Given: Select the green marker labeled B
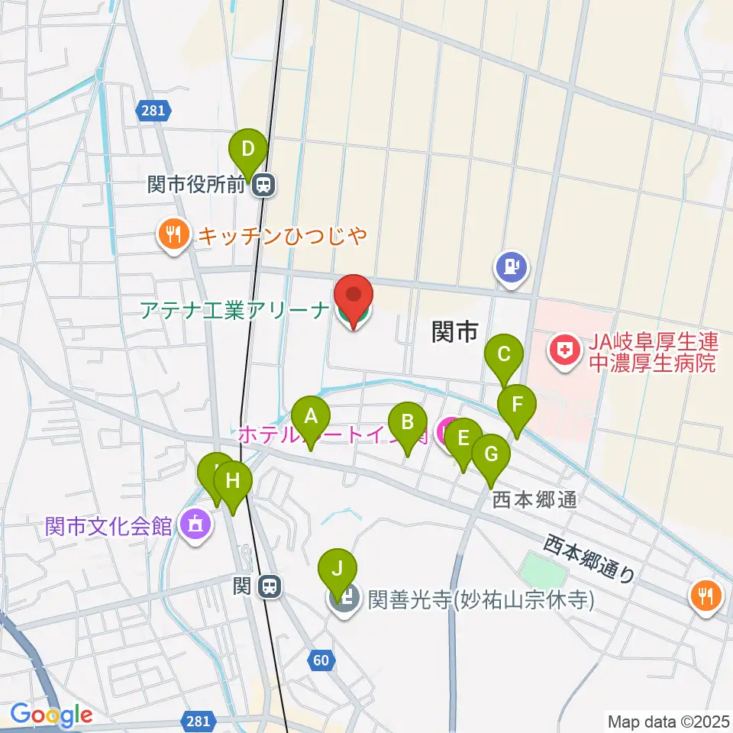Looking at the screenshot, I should click(x=407, y=421).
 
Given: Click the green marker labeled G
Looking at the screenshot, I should click(x=490, y=454).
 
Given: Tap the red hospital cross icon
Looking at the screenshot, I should click(x=565, y=352).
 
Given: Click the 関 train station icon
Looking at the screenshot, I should click(x=268, y=586).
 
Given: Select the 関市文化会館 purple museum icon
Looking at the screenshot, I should click(x=196, y=525).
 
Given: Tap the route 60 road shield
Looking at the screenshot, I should click(x=323, y=660).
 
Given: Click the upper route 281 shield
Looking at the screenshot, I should click(x=153, y=111).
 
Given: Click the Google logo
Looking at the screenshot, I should click(x=51, y=715).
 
